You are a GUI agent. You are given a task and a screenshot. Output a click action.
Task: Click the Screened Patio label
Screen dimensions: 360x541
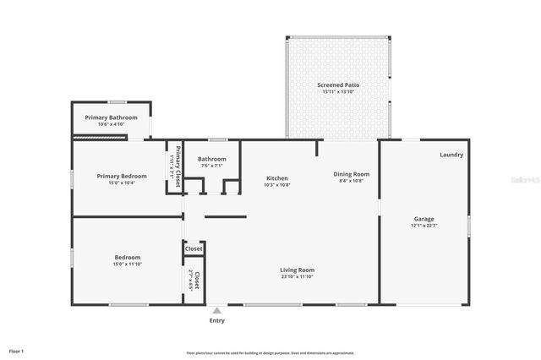[338, 85]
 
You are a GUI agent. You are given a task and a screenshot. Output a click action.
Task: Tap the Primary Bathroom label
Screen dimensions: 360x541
[111, 117]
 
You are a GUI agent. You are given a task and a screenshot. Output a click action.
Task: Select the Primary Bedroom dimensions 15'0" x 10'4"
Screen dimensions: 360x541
[122, 183]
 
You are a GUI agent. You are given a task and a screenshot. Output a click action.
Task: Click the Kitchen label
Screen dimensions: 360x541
[277, 178]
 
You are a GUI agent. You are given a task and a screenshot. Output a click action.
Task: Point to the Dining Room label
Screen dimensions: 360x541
[354, 174]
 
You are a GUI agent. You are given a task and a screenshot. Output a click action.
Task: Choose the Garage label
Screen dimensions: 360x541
[424, 217]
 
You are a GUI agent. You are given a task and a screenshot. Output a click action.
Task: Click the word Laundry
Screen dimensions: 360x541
[451, 155]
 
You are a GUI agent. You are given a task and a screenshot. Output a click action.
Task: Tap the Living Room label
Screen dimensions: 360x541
[298, 270]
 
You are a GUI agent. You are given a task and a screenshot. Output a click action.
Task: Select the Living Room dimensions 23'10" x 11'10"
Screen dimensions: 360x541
[298, 276]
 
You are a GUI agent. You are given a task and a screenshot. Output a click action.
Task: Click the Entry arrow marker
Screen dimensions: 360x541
[217, 310]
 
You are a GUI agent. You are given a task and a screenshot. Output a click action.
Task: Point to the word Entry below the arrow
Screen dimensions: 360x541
[217, 320]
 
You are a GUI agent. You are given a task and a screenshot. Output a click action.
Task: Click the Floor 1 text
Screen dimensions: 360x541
[16, 350]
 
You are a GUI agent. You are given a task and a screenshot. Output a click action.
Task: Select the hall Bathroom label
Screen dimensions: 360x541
[211, 159]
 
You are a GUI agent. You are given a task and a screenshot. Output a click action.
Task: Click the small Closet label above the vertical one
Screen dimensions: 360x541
[194, 249]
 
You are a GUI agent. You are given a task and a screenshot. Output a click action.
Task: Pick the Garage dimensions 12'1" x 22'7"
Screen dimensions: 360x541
[424, 224]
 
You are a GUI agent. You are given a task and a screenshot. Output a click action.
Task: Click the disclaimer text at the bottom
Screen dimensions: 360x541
[270, 353]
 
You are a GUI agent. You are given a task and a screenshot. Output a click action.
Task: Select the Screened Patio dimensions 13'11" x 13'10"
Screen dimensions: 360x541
[338, 92]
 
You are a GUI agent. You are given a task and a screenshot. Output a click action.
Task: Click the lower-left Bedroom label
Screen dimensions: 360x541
[128, 257]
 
